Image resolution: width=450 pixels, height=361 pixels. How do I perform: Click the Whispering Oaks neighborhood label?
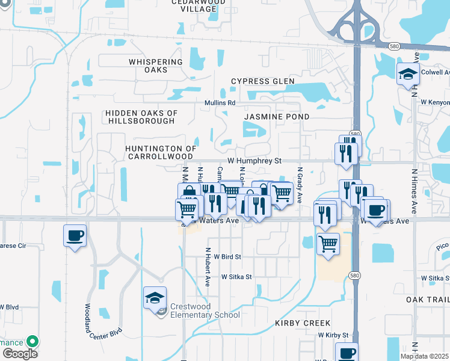tap(156, 66)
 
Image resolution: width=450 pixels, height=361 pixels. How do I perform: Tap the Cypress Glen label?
tap(263, 81)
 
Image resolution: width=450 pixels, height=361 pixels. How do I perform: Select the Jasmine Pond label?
tap(277, 116)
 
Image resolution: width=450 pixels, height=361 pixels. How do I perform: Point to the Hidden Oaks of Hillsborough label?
tap(141, 117)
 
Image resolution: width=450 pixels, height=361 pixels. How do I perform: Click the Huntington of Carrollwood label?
tap(161, 152)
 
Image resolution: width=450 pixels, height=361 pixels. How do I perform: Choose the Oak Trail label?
tap(428, 300)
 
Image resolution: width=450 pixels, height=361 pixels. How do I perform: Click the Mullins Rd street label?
tap(219, 103)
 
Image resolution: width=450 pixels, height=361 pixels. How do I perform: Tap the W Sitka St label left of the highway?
tap(236, 277)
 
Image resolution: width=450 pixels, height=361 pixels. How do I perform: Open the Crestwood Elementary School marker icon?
tap(155, 297)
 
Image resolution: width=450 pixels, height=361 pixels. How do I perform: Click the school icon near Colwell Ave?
tap(408, 73)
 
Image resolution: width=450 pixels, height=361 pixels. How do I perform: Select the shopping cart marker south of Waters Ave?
tap(328, 244)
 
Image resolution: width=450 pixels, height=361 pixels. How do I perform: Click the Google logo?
tap(20, 353)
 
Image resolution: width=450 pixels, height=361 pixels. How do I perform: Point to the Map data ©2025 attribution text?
tap(424, 356)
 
